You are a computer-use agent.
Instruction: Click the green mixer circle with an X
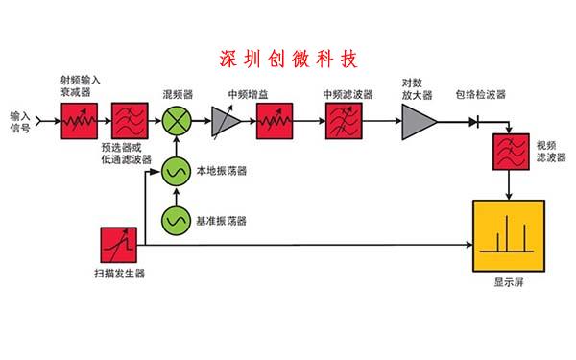coord(179,122)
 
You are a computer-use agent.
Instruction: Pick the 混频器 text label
coord(179,96)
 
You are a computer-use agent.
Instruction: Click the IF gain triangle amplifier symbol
coord(225,122)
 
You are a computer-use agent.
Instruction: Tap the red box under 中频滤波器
coord(344,122)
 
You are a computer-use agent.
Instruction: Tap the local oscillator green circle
coord(178,172)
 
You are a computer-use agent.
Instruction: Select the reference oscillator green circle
coord(178,220)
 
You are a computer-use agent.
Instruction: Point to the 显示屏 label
coord(509,283)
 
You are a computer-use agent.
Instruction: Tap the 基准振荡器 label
coord(222,221)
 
